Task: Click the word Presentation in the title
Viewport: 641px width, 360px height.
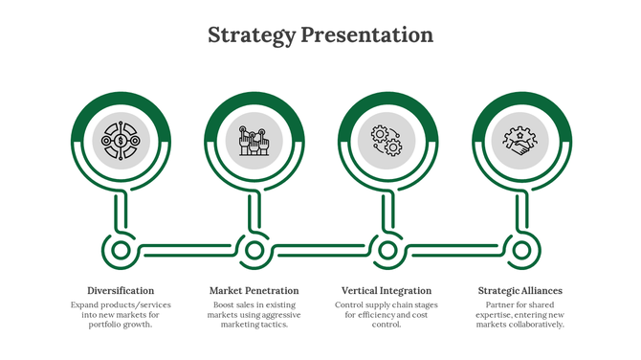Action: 366,35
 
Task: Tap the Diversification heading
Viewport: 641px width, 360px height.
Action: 121,290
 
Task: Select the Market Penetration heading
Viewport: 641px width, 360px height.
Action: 254,290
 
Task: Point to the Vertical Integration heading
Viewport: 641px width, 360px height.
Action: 387,290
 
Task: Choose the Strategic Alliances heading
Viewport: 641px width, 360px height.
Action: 519,290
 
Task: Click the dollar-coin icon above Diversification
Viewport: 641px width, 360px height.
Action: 121,142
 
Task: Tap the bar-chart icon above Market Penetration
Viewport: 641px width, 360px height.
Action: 254,142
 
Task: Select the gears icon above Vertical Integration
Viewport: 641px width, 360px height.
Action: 387,142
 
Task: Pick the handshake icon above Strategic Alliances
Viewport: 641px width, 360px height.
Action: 519,142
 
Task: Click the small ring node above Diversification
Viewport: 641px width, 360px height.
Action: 121,251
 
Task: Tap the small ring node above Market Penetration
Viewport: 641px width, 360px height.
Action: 254,251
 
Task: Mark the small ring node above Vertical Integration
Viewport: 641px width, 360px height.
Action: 387,251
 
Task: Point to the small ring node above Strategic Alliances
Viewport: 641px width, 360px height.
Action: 520,251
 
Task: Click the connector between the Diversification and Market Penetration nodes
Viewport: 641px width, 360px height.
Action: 188,251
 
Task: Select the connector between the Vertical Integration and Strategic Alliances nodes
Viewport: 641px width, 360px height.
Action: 453,251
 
